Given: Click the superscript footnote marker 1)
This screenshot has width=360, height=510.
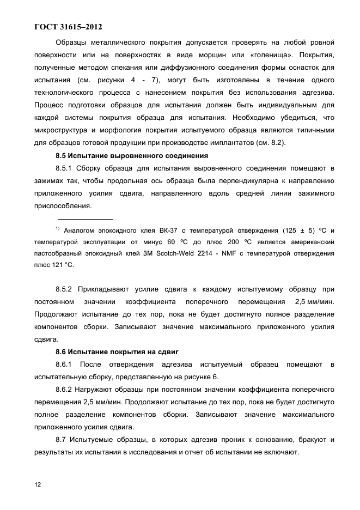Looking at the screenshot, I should [58, 228].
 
